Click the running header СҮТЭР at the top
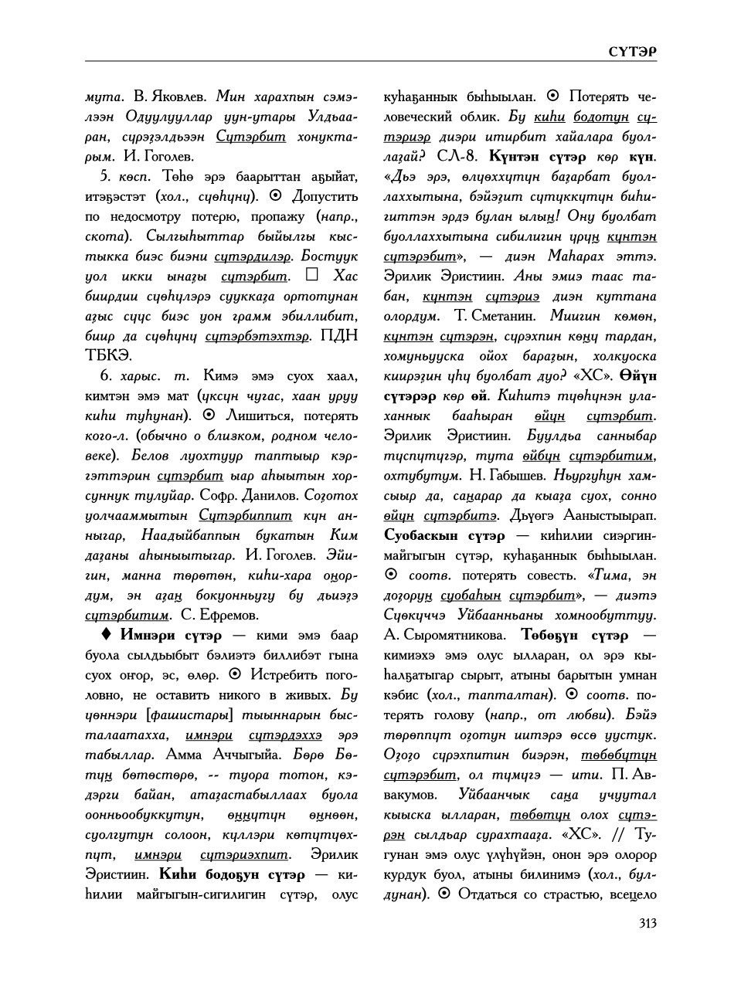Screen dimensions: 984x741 631,51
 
